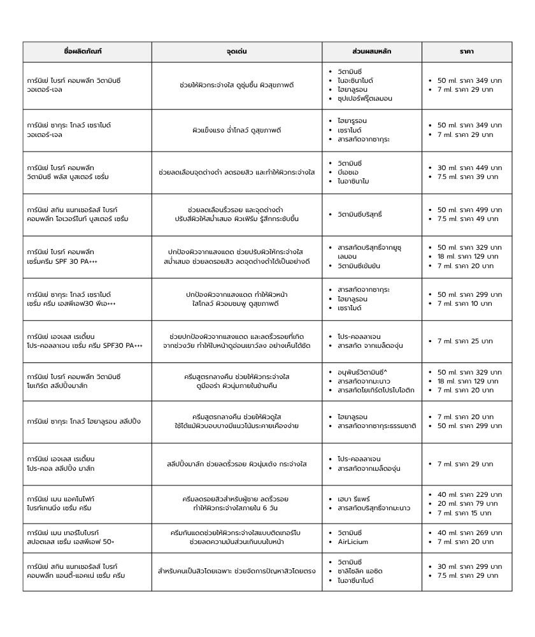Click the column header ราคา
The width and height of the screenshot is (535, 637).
tap(466, 52)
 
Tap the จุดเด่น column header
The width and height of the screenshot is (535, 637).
tap(236, 52)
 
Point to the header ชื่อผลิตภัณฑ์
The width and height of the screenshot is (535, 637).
tap(87, 52)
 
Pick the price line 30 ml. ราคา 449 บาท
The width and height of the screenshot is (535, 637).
tap(469, 168)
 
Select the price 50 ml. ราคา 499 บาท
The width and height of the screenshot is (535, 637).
tap(469, 210)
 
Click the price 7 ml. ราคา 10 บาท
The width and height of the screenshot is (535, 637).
tap(465, 303)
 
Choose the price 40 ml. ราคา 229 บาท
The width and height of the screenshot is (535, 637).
tap(469, 494)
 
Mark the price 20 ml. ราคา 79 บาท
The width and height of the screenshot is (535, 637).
tap(467, 503)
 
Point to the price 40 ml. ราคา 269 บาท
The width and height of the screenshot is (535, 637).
tap(469, 533)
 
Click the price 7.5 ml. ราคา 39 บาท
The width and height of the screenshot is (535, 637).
tap(467, 176)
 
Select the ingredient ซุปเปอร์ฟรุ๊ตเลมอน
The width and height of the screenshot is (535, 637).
tap(364, 99)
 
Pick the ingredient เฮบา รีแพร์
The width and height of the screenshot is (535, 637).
tap(353, 499)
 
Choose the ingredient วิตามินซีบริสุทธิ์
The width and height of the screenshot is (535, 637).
tap(360, 215)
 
